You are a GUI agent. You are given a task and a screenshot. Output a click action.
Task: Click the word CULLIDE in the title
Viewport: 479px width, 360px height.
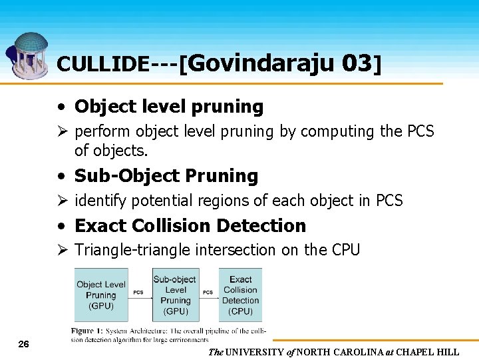tap(102, 64)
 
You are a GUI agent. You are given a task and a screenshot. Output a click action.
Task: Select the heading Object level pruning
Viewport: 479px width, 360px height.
tap(169, 107)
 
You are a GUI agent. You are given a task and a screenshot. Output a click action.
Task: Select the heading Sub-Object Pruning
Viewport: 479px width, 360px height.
tap(166, 176)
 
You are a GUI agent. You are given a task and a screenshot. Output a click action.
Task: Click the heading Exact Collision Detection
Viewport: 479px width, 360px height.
tap(190, 226)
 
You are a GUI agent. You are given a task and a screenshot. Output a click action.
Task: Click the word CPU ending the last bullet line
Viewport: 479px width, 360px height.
tap(343, 251)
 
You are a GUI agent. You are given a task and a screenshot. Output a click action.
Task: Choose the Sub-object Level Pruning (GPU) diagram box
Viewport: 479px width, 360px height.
tap(175, 295)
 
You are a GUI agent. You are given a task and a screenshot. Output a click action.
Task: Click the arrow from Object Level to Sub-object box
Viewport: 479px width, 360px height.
tap(139, 297)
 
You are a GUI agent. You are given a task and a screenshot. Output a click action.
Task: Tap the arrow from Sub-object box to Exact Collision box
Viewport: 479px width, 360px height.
tap(208, 297)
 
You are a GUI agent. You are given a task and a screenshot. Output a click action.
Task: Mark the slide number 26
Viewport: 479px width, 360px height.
tap(23, 344)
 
